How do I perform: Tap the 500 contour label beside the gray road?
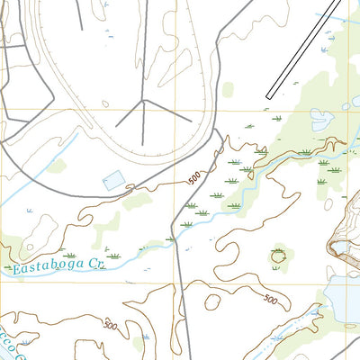[195, 179]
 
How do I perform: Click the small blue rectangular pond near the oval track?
[114, 178]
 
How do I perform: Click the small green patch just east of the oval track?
[229, 89]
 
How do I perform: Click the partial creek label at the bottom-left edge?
[11, 346]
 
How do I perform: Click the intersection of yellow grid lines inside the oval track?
[175, 110]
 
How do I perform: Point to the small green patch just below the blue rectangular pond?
[135, 200]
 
